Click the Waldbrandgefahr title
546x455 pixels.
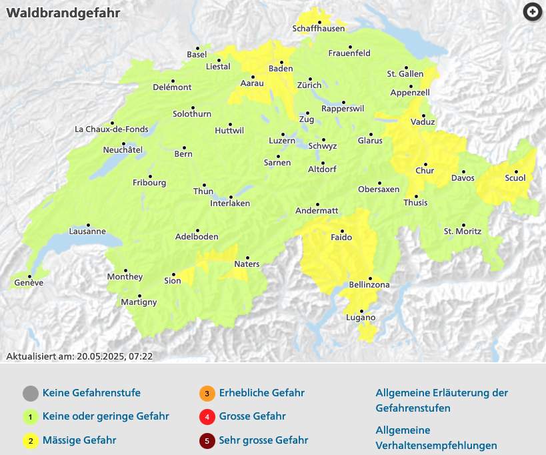(54, 13)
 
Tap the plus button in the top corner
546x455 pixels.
(532, 12)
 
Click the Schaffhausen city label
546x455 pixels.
(319, 29)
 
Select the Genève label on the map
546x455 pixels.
(28, 283)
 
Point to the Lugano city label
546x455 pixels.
(361, 318)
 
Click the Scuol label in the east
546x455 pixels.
(515, 178)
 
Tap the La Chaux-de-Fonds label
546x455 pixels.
(111, 129)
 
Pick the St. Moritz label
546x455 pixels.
(462, 232)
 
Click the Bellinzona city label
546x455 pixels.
(369, 286)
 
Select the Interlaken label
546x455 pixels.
(229, 203)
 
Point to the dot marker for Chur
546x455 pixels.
(425, 163)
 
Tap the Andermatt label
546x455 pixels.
(317, 211)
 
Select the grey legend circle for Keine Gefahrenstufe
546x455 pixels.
(29, 393)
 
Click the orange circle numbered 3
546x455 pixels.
(207, 393)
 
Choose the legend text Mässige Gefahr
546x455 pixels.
(79, 440)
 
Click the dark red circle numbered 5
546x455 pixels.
(207, 440)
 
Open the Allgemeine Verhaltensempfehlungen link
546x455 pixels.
(436, 438)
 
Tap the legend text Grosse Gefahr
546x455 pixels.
(252, 416)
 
